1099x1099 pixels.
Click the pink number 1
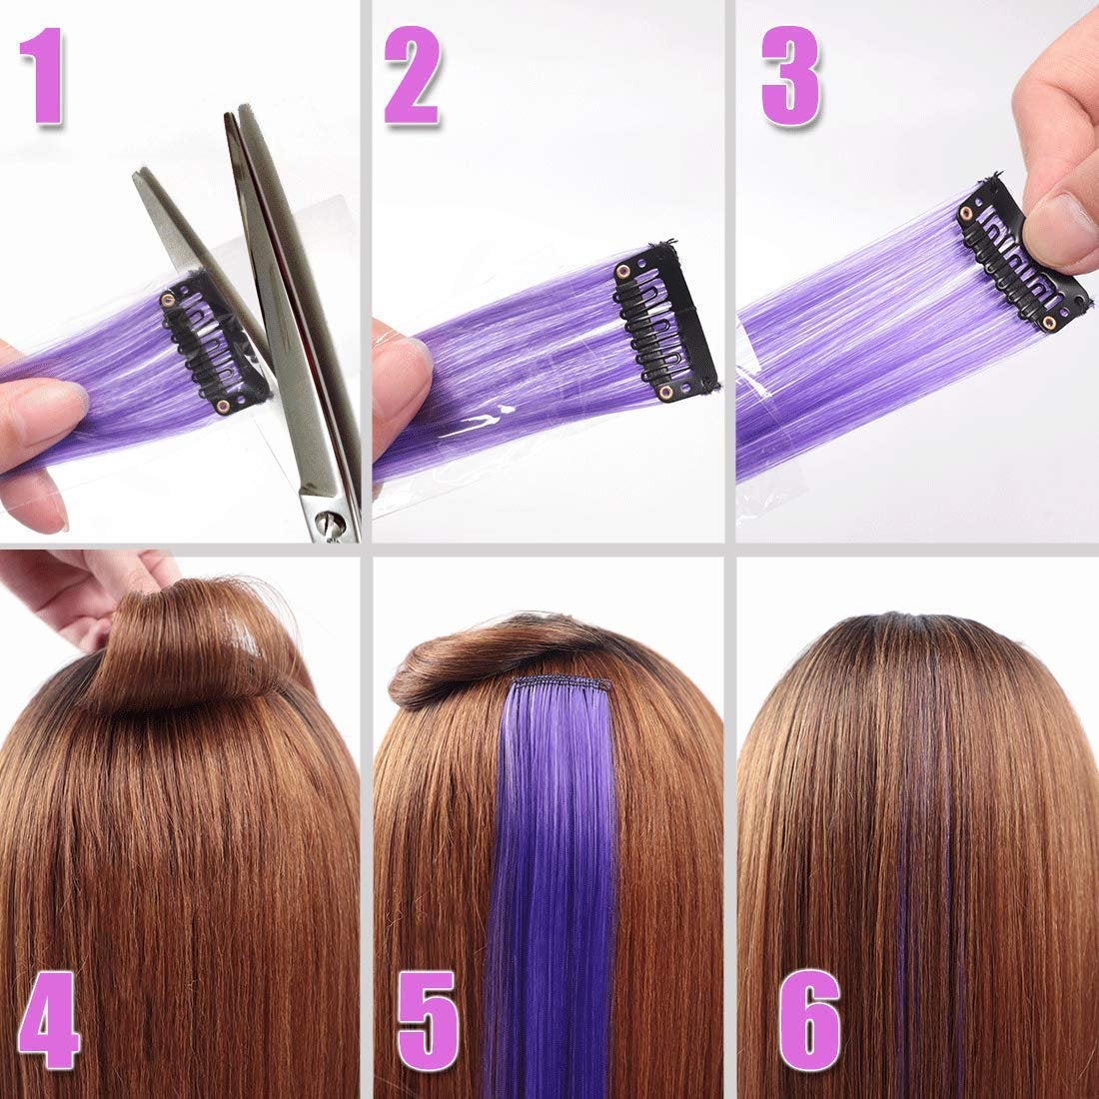[47, 78]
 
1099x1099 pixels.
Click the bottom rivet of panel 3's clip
[1048, 322]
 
